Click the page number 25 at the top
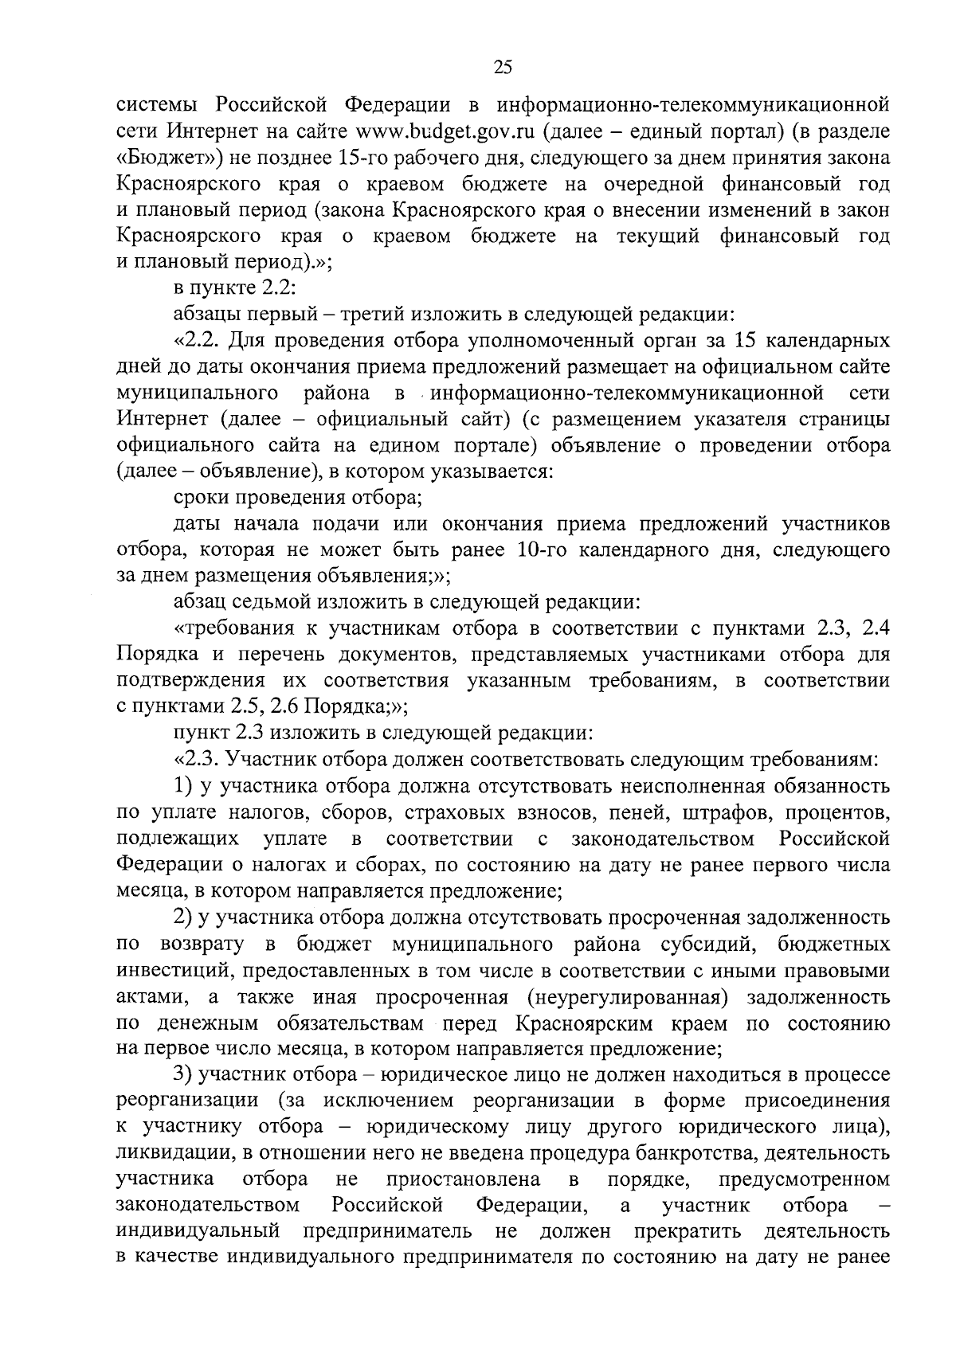(502, 68)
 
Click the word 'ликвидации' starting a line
(165, 1152)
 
